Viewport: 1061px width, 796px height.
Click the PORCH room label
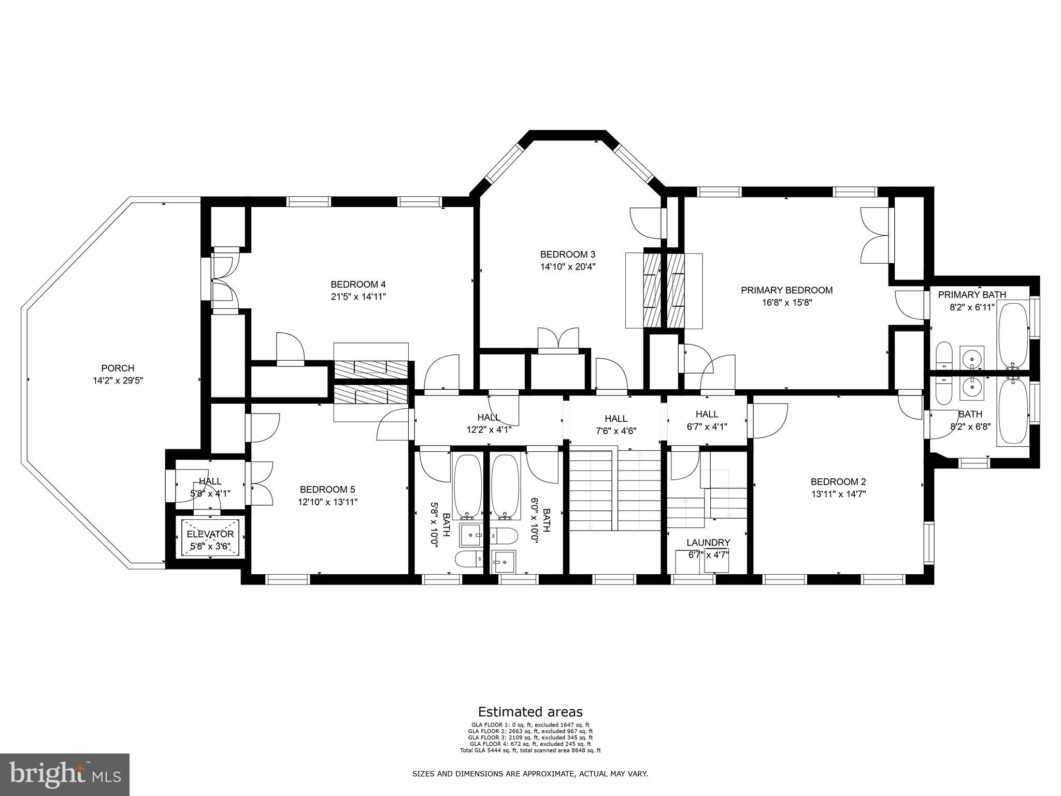click(118, 368)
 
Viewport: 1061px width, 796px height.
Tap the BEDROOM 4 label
click(358, 285)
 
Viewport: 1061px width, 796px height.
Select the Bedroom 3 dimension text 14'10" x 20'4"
click(567, 267)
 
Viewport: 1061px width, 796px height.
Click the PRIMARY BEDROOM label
click(786, 290)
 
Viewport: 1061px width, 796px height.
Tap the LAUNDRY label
click(708, 543)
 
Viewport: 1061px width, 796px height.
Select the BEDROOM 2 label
click(838, 481)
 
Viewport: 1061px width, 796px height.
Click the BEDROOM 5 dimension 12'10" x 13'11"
click(327, 502)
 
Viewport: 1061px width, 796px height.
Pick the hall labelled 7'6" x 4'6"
click(616, 424)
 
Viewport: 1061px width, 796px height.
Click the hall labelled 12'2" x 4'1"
click(489, 423)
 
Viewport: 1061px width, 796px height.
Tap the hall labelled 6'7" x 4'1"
click(707, 420)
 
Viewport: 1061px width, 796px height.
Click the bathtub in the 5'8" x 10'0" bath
click(467, 486)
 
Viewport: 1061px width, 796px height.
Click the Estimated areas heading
click(530, 712)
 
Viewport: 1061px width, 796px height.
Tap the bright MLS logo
click(65, 774)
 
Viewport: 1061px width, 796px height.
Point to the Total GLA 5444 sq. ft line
click(530, 750)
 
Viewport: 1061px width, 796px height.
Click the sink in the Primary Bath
click(971, 357)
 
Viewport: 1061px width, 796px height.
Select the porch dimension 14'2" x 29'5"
click(118, 381)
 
